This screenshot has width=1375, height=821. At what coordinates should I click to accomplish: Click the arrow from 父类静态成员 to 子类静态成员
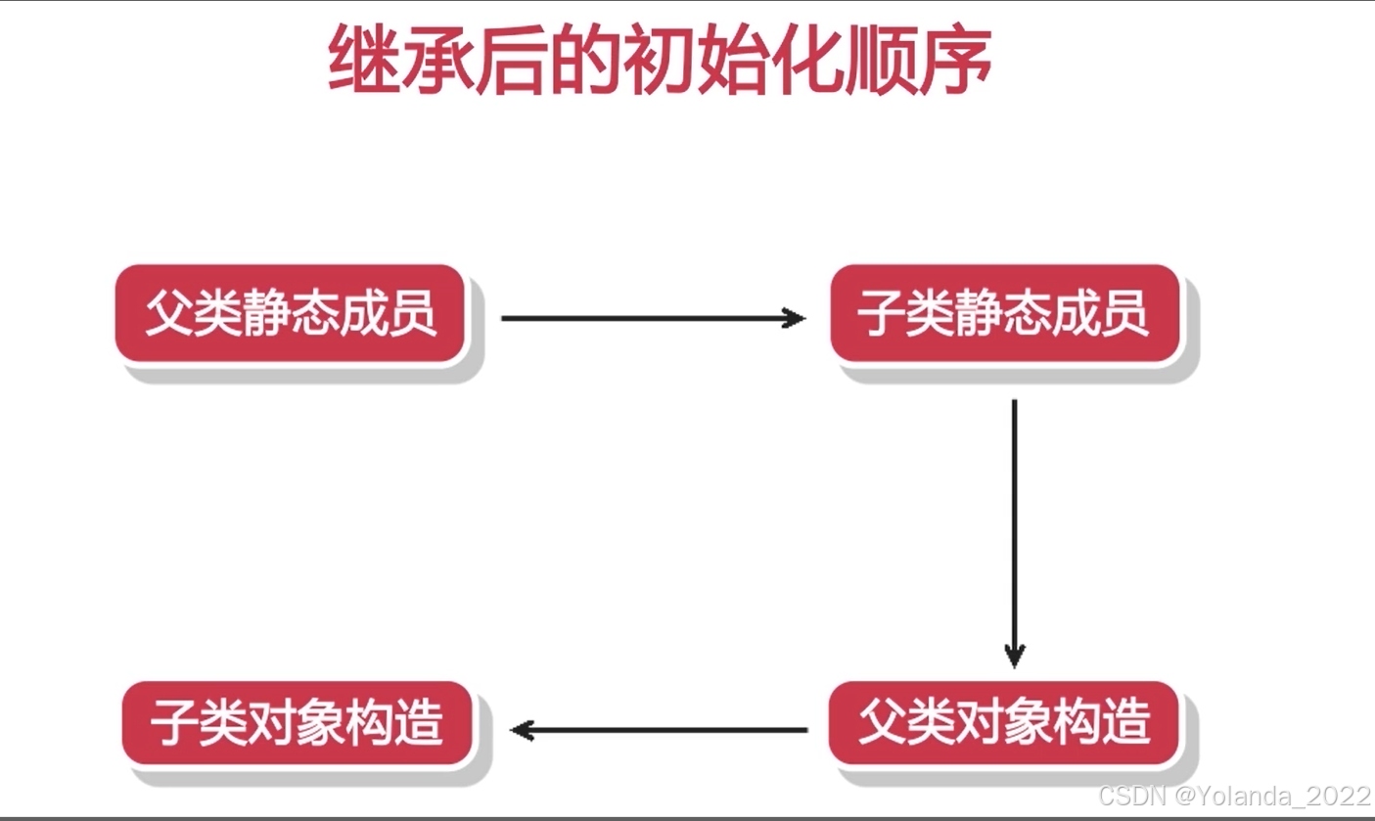click(651, 318)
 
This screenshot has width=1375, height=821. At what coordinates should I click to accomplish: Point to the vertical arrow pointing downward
click(1015, 528)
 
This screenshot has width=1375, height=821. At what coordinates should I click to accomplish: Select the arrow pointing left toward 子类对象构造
click(661, 730)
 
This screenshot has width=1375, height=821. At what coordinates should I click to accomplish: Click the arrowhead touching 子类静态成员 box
click(795, 318)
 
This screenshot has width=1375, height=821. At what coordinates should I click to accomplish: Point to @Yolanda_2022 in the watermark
click(1274, 795)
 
